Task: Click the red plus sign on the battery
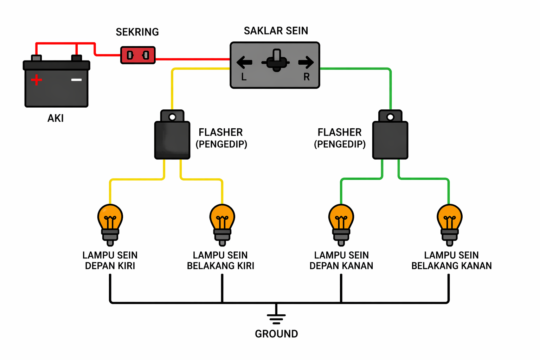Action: pos(36,80)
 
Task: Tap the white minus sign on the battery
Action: pos(76,80)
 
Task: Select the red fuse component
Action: pos(138,55)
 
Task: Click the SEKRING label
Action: pos(137,32)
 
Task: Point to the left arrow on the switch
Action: pos(244,63)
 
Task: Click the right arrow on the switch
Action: pos(306,63)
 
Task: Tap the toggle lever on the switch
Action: pos(277,60)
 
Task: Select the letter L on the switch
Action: pos(244,77)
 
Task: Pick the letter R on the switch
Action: pos(307,77)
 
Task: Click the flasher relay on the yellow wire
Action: pos(172,140)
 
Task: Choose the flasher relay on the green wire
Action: pos(390,140)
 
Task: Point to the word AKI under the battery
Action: pos(56,118)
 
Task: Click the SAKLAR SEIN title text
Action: pos(276,31)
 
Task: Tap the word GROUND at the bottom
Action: pos(276,334)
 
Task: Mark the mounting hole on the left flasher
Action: pos(172,117)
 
